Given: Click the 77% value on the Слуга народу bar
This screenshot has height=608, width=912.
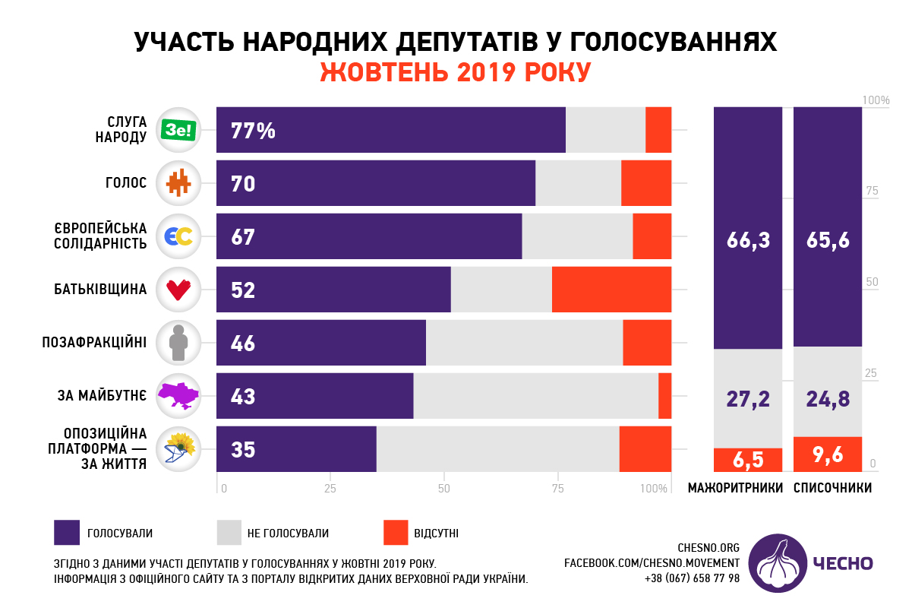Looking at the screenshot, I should coord(253,131).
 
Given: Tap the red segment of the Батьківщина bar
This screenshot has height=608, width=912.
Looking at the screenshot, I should coord(611,290).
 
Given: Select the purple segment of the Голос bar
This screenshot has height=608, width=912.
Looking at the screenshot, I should coord(376,183).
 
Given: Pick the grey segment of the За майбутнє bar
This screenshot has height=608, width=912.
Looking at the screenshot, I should coord(535,396).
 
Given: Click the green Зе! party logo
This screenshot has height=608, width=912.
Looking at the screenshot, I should coord(179,131).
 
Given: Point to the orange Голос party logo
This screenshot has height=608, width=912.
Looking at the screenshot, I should coord(178,183).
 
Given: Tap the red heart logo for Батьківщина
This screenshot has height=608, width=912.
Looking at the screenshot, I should coord(178,290).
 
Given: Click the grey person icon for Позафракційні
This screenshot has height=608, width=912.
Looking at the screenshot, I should coord(178,343).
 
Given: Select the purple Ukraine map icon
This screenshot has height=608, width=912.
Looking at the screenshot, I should coord(178,395).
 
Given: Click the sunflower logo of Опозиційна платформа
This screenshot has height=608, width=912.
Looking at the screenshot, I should coord(179,448).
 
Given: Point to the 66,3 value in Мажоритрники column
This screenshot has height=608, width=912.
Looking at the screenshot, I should coord(748,240).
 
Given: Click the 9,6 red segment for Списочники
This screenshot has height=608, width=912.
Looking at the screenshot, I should coord(828,454).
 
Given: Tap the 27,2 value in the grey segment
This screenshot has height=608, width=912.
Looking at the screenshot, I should coord(748,399).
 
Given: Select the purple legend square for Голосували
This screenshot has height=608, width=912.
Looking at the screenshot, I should coord(67,533).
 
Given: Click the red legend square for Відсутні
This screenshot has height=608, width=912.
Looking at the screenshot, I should coord(394,533).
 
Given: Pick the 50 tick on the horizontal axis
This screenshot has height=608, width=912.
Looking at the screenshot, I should coord(444,488).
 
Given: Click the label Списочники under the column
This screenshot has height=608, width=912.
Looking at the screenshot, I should coord(832,488).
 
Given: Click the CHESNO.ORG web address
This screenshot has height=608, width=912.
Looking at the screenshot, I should coord(708,547).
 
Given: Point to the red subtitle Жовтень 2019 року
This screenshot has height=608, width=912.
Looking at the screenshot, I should coord(456,71).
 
